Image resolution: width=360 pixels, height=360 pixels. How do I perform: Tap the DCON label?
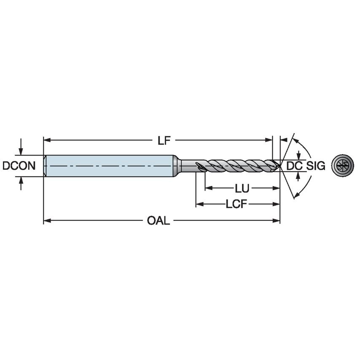coord(19,166)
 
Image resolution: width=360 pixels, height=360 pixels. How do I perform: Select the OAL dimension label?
coord(159,221)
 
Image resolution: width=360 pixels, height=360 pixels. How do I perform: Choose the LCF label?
coord(236,204)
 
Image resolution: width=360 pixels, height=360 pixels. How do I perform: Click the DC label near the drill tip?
coord(294,166)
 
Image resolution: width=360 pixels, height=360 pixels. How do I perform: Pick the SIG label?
coord(316,166)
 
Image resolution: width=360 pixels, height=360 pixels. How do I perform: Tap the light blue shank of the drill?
coord(110,166)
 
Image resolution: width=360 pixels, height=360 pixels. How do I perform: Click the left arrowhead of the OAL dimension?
coord(47,220)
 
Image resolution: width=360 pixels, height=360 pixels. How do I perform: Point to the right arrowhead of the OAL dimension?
coord(277,220)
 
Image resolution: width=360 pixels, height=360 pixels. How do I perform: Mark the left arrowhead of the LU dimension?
coord(208,188)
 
